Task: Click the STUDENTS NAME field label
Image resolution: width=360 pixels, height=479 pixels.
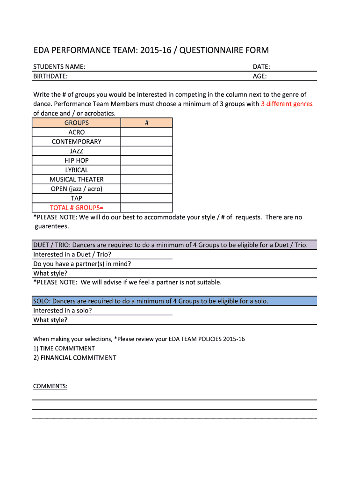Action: [59, 67]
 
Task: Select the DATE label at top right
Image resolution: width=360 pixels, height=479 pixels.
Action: [261, 67]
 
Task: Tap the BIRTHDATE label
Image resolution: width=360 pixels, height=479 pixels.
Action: [50, 76]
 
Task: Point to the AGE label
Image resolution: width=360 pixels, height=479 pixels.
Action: [259, 76]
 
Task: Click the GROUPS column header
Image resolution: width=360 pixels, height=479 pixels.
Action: [77, 123]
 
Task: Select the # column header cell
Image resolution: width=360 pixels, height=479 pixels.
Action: [146, 123]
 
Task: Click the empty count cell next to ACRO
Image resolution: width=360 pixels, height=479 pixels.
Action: [146, 132]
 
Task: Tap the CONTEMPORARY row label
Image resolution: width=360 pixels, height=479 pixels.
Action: [77, 142]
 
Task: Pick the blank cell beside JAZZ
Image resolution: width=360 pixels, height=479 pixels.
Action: [146, 151]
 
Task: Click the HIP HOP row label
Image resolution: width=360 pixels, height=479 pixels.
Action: [77, 160]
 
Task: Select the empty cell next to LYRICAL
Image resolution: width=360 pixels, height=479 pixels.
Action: [146, 170]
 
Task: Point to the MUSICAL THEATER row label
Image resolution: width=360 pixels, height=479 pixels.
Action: [77, 179]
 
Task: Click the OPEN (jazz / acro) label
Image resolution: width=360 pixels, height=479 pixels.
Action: [77, 189]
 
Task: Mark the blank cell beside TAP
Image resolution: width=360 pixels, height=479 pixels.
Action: [146, 198]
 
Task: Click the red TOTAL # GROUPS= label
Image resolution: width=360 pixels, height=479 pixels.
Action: [77, 208]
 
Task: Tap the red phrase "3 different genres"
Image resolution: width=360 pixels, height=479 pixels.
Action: [287, 104]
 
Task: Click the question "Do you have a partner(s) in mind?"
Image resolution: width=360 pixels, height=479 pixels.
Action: [82, 264]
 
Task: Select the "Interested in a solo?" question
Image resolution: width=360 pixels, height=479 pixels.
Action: [63, 311]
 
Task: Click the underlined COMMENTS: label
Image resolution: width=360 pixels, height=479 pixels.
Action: [50, 386]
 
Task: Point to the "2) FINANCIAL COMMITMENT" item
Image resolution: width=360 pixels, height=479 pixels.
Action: [75, 358]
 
